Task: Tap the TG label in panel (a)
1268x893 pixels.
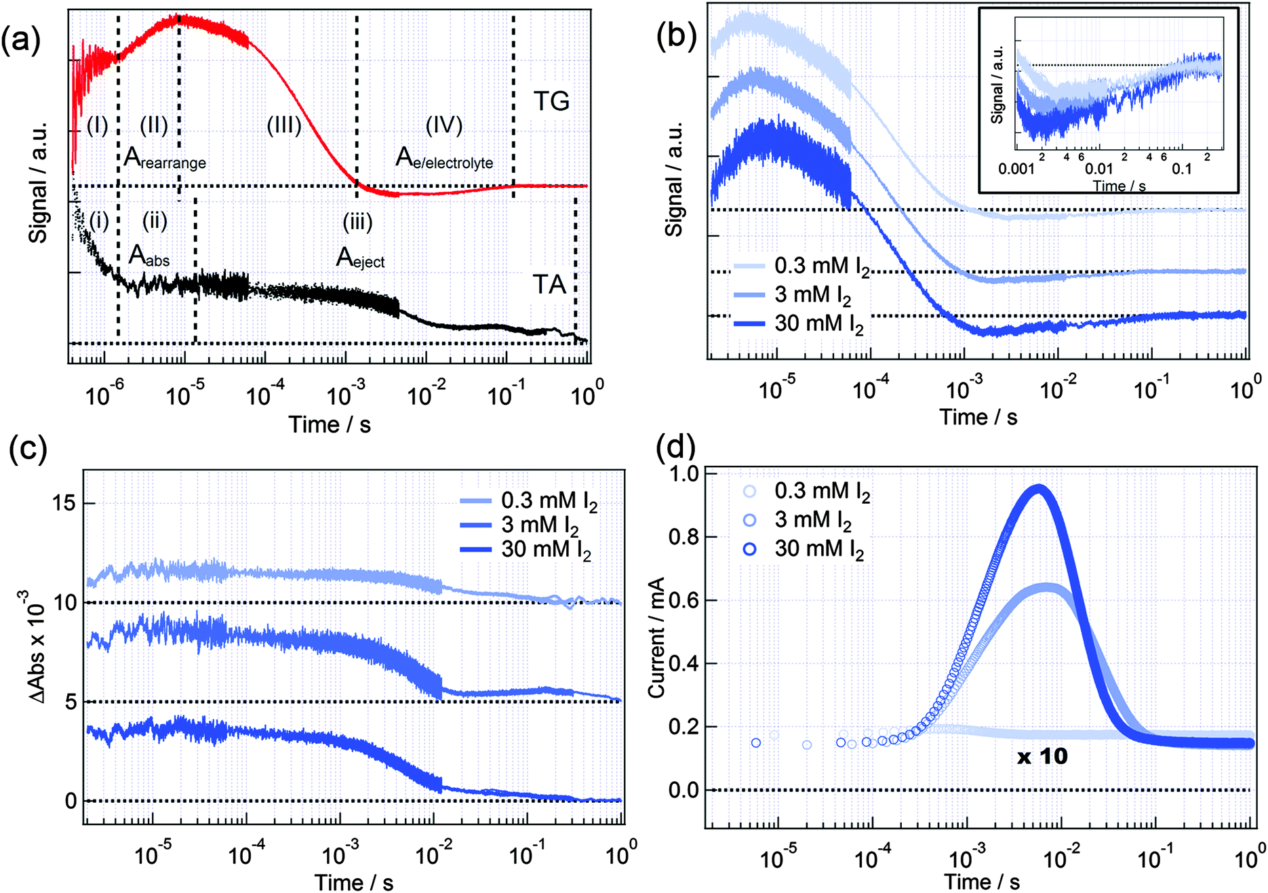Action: [551, 102]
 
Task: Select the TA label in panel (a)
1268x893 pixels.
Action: [549, 285]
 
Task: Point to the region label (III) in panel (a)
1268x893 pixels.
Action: [284, 125]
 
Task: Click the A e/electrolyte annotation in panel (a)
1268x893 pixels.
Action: [444, 159]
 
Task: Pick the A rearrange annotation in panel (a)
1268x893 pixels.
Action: [165, 159]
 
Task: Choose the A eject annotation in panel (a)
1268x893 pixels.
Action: [360, 258]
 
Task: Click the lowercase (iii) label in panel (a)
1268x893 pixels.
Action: [357, 222]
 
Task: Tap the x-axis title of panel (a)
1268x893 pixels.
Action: [330, 424]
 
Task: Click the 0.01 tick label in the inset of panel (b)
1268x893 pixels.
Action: [1098, 169]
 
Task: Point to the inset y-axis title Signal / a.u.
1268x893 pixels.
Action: [997, 85]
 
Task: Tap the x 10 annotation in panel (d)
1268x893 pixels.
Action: [1042, 756]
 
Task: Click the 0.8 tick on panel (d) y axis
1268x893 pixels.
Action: [683, 537]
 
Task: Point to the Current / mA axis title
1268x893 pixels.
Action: [656, 637]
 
